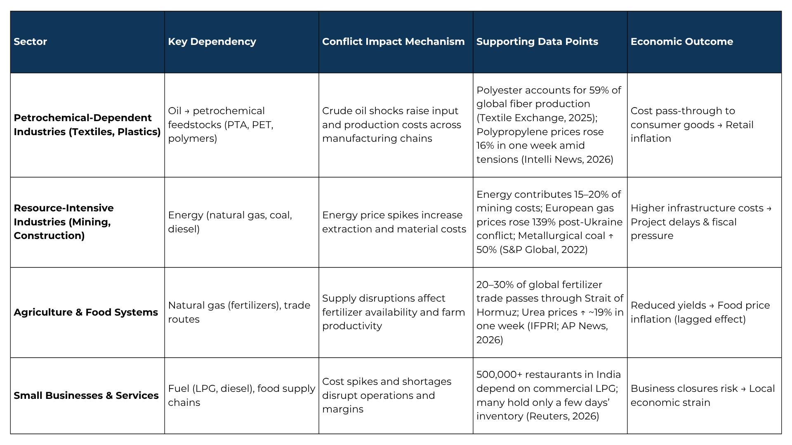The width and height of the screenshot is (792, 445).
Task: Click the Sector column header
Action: (30, 42)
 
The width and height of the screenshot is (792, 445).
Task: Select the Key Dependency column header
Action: (212, 42)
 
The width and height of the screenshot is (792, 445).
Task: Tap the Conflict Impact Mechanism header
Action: (393, 42)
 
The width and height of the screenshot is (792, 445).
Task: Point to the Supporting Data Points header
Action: (537, 42)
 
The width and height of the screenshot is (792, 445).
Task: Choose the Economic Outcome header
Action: (681, 42)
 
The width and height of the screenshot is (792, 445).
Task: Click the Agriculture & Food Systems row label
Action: (86, 312)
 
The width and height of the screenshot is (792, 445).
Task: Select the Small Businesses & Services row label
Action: (86, 396)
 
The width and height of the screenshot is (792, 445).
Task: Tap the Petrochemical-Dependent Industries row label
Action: (87, 125)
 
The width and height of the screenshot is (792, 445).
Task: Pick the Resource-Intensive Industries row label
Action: (64, 222)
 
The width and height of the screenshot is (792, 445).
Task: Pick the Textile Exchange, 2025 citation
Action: (535, 118)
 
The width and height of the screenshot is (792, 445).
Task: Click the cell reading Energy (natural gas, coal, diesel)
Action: (230, 222)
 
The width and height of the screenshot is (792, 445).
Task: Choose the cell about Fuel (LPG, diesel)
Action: (241, 396)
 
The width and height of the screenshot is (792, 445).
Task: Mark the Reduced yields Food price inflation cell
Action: (700, 312)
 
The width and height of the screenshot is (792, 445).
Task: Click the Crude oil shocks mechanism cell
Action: (391, 125)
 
